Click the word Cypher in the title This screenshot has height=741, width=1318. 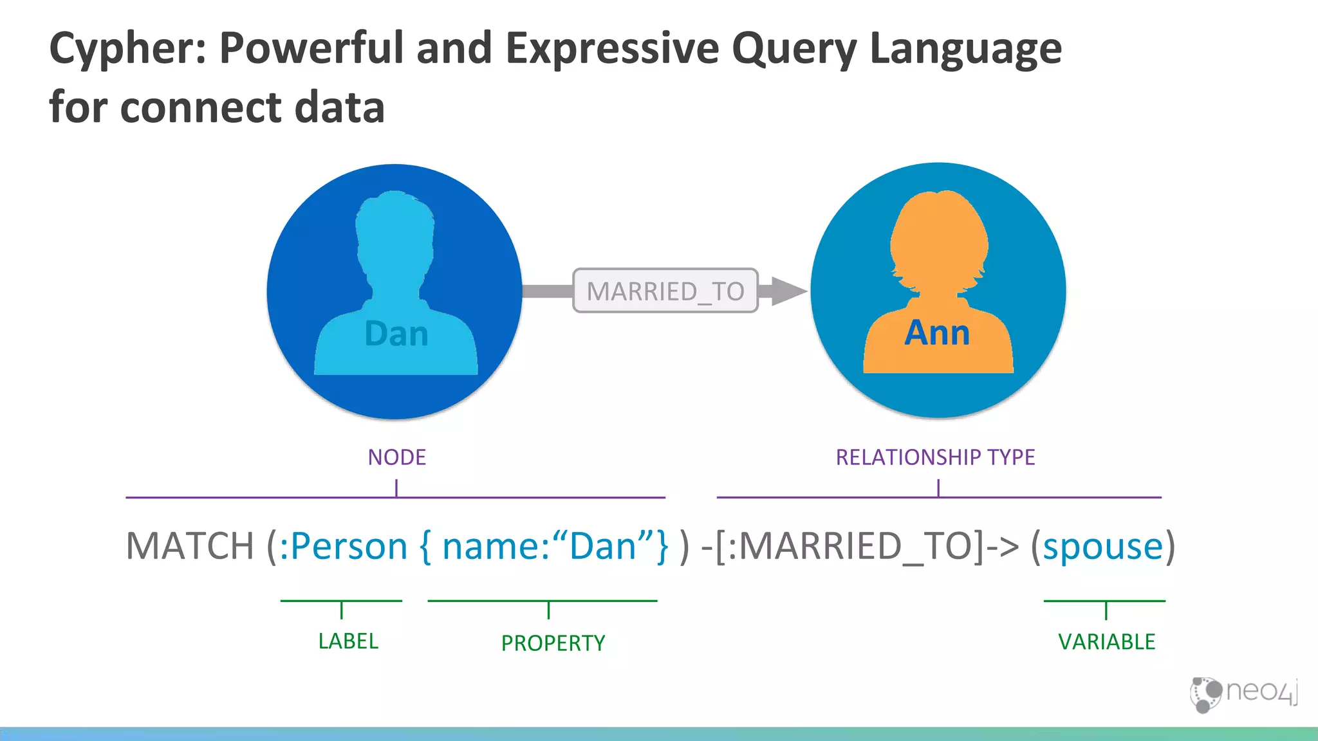click(x=127, y=49)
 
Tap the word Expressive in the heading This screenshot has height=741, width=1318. click(x=612, y=49)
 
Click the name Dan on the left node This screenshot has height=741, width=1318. click(x=396, y=334)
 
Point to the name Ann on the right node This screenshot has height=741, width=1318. click(x=937, y=333)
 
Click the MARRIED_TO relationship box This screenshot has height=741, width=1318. click(x=665, y=291)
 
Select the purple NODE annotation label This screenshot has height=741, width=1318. click(x=396, y=457)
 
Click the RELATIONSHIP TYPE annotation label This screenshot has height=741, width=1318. click(x=935, y=457)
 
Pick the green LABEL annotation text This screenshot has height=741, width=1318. click(x=348, y=641)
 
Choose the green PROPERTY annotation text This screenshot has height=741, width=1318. click(x=553, y=643)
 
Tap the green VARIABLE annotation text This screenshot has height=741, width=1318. click(x=1107, y=642)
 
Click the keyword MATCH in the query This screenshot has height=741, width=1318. click(x=190, y=546)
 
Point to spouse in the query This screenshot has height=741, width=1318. click(x=1103, y=546)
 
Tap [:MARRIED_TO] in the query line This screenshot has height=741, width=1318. click(x=849, y=546)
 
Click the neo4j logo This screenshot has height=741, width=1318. click(x=1243, y=693)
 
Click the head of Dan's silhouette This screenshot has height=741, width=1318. click(x=394, y=232)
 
